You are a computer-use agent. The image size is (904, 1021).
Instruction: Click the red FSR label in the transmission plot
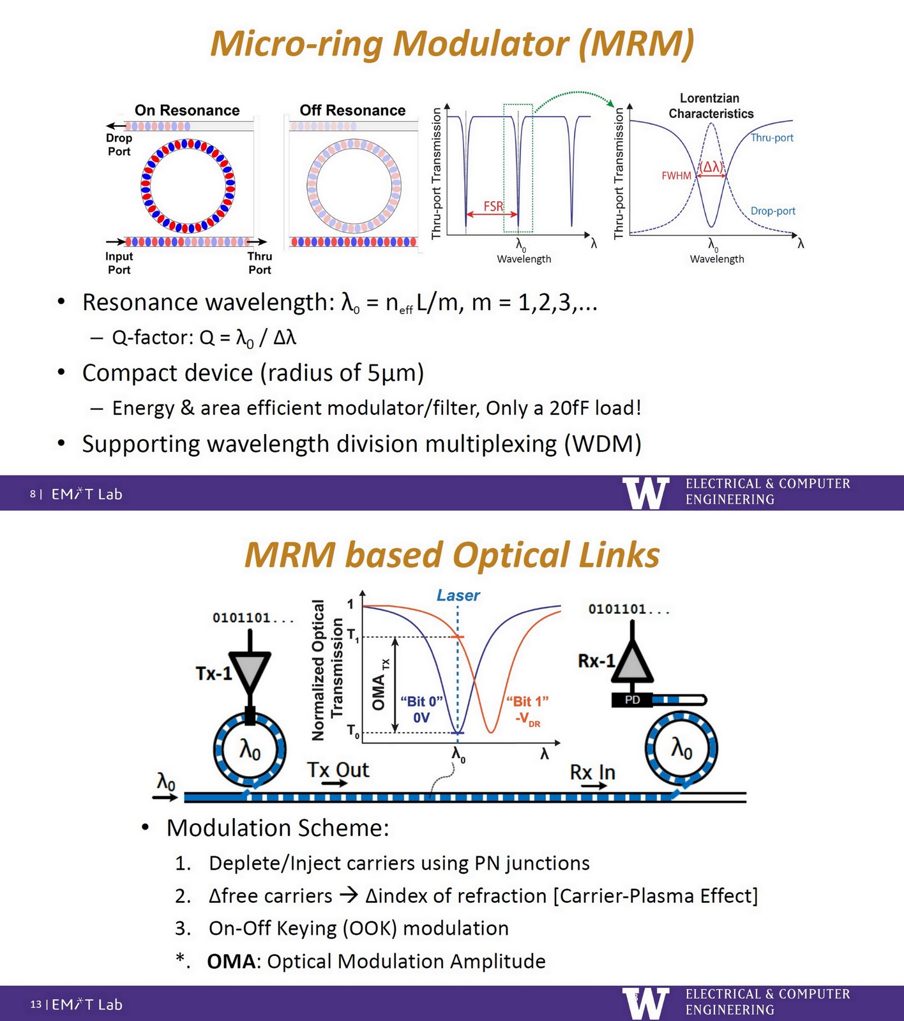pos(493,206)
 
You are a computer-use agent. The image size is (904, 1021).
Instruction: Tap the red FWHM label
pos(676,175)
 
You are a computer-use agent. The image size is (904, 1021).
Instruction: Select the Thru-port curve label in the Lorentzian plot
pos(772,138)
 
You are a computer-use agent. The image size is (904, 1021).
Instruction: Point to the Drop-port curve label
pos(772,211)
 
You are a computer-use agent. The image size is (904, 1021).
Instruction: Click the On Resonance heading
pos(187,110)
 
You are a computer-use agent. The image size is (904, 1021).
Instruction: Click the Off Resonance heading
pos(352,110)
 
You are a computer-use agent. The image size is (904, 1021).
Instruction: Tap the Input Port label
pos(119,263)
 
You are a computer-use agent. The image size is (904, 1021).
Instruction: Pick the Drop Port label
pos(119,145)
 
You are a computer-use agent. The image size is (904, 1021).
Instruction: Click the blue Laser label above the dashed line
pos(458,595)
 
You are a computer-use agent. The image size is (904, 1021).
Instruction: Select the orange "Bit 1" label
pos(527,702)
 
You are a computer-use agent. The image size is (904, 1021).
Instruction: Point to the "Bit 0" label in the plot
pos(421,702)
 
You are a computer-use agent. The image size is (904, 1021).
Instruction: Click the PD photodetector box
pos(632,700)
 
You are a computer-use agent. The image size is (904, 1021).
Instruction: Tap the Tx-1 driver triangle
pos(250,670)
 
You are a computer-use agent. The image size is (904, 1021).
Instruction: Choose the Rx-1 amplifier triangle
pos(632,664)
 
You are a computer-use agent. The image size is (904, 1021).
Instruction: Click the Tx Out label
pos(338,770)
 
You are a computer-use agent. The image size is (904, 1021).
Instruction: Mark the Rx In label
pos(592,772)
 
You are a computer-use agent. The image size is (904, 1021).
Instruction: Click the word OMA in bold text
pos(231,961)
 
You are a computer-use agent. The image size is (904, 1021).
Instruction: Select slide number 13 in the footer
pos(36,1004)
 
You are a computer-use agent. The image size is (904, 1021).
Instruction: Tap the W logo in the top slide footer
pos(645,493)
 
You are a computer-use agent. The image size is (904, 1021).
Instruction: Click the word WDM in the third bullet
pos(602,443)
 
